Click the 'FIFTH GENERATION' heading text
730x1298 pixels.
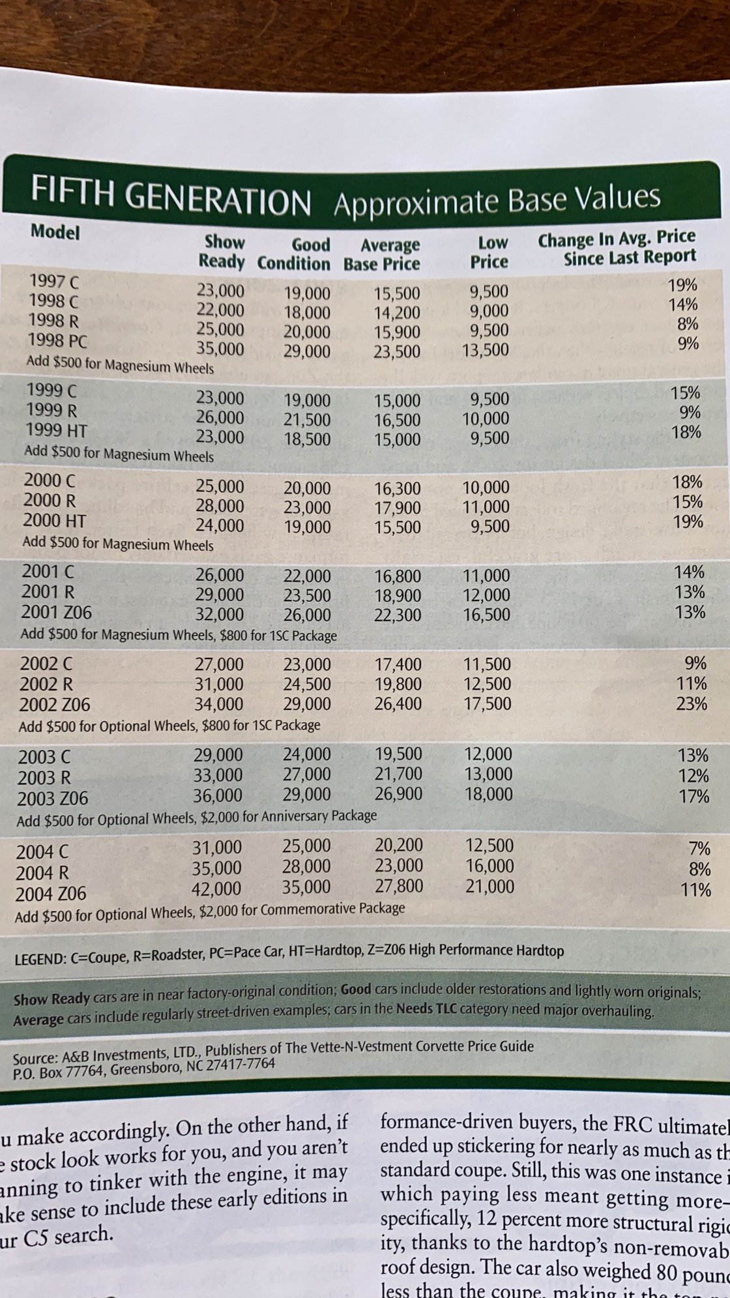(x=170, y=197)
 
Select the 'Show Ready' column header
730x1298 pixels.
(x=222, y=252)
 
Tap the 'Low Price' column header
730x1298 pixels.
(x=490, y=252)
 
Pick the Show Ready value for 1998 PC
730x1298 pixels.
(x=221, y=349)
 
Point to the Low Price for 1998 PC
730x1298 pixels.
(x=485, y=350)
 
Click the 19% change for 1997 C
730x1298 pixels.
(x=683, y=285)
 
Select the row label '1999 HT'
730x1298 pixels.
(x=56, y=430)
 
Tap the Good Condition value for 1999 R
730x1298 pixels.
(x=307, y=420)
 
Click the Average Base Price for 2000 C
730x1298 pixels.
(x=398, y=488)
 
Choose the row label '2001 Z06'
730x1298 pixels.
(x=56, y=612)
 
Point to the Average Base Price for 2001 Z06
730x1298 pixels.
(x=398, y=615)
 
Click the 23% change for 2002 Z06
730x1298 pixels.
(x=692, y=703)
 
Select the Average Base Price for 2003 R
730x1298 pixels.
(x=398, y=774)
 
